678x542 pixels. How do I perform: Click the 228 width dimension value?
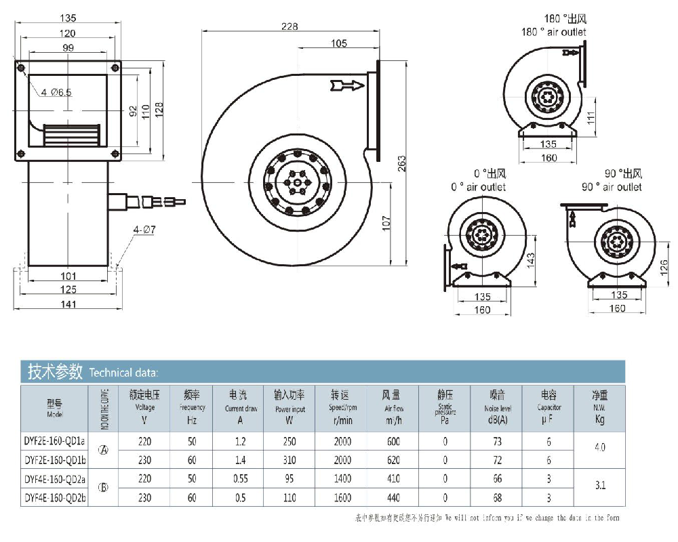click(290, 26)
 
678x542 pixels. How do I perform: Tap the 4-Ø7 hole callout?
click(144, 230)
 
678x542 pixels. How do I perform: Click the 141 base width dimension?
click(68, 304)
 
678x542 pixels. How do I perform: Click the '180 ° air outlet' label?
click(554, 32)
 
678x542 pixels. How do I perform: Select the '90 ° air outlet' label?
click(611, 186)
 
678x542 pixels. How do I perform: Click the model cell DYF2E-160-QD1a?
click(55, 442)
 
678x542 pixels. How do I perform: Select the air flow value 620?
click(392, 459)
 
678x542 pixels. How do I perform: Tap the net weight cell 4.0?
click(599, 448)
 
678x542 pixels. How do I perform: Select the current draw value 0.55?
click(241, 479)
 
